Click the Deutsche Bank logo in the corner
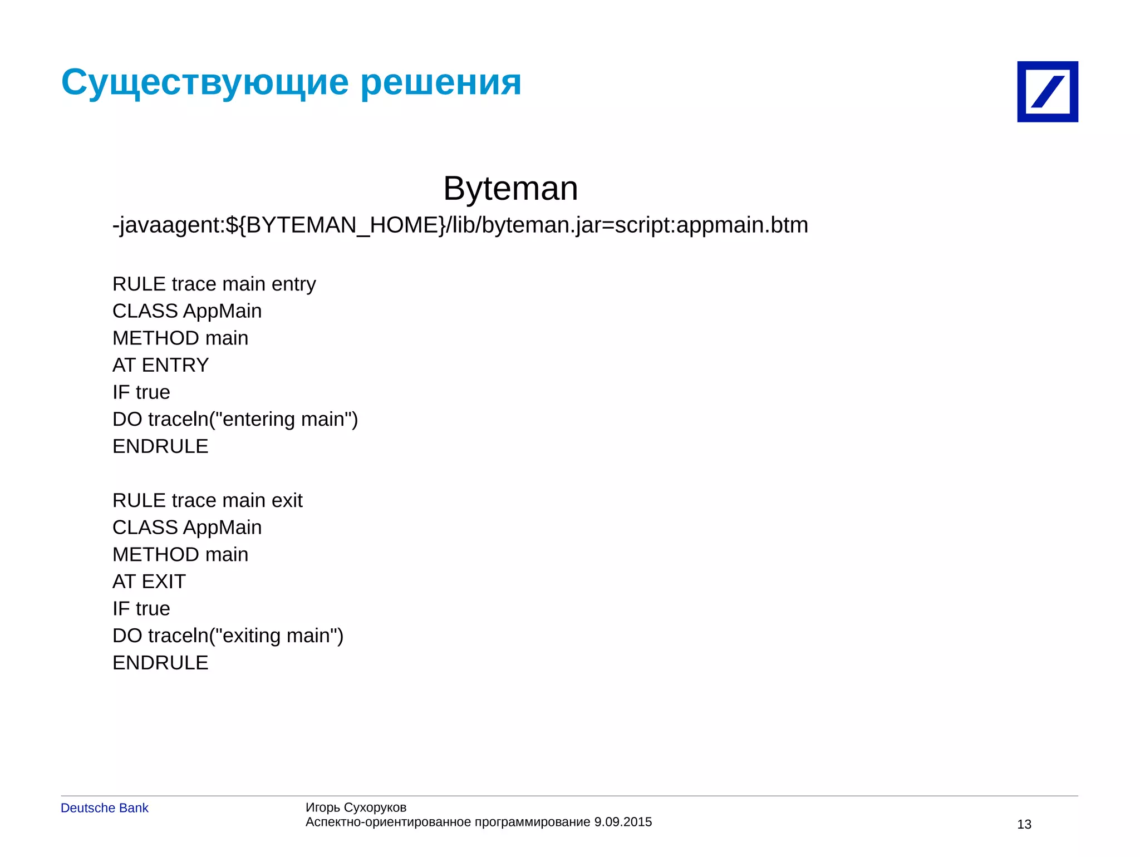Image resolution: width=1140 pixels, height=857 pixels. pos(1047,92)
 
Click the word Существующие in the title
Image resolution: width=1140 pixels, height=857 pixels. pos(205,82)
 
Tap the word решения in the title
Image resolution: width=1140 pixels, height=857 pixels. pos(441,82)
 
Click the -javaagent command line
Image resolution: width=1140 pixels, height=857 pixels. pos(460,225)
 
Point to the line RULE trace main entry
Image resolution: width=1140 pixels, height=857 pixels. pos(214,284)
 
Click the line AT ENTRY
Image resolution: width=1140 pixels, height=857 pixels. pos(160,365)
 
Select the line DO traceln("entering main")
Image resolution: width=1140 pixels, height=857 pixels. pos(235,419)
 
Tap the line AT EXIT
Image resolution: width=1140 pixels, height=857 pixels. pos(149,582)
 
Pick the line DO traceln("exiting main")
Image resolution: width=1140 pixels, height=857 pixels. pos(228,636)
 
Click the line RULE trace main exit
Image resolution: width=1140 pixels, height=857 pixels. pos(207,500)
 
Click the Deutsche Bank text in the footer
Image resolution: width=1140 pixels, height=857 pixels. pos(105,808)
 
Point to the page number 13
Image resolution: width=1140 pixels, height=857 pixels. pos(1024,824)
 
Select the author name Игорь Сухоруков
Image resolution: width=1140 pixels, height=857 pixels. pos(356,807)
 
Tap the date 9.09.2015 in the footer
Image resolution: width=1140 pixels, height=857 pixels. pos(623,822)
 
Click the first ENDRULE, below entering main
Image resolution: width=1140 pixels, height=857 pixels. pos(160,446)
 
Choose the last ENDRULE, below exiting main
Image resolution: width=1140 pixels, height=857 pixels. pos(160,663)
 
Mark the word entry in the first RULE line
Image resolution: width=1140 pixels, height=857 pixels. pos(293,284)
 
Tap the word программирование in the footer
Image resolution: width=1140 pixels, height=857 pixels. pos(532,822)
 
